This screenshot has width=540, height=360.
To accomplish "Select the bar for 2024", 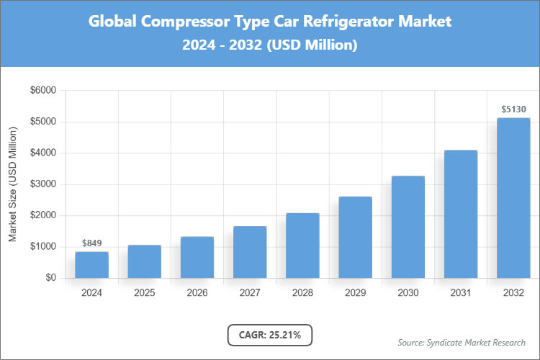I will [91, 264].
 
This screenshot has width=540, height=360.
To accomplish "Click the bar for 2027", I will [250, 252].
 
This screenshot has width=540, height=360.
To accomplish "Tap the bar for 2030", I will [408, 227].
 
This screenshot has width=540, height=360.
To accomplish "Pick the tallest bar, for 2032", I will [513, 198].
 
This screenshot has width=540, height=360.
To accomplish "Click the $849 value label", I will [91, 243].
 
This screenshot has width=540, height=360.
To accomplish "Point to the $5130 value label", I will [514, 109].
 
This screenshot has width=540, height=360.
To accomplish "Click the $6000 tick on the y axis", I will [41, 91].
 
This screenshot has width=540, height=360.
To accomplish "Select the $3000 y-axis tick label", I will [41, 184].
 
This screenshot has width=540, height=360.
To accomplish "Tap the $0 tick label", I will [50, 278].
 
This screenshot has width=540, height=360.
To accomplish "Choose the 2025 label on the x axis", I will [144, 293].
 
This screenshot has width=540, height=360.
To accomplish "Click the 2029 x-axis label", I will [355, 293].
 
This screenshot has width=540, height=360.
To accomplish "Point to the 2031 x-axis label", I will [461, 293].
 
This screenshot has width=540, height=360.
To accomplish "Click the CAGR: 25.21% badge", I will [270, 334].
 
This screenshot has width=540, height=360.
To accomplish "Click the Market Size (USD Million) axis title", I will [13, 184].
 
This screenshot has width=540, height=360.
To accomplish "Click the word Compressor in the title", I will [184, 22].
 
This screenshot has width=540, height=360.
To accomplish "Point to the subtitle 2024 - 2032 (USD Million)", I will [270, 45].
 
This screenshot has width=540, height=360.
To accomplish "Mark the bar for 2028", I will [302, 246].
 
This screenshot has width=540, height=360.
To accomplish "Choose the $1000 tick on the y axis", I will [41, 247].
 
